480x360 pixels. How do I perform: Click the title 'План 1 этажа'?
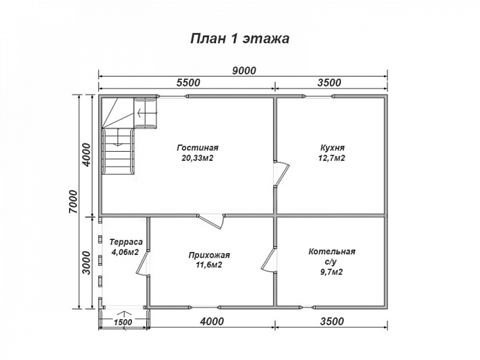(240, 39)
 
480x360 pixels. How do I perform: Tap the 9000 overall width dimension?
(244, 70)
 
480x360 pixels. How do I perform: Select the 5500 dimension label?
(188, 82)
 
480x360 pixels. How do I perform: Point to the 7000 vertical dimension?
(74, 201)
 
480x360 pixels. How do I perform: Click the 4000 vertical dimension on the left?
(87, 155)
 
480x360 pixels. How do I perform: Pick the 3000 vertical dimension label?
(87, 263)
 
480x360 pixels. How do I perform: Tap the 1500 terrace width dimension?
(123, 322)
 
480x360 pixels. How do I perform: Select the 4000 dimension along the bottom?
(212, 321)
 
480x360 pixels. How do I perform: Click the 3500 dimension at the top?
(329, 82)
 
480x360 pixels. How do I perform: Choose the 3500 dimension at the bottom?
(332, 321)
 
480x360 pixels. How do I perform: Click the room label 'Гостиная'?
(198, 148)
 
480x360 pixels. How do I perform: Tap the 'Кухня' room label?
(332, 148)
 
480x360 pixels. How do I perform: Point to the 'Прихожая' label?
(209, 255)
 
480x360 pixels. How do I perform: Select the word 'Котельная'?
(332, 252)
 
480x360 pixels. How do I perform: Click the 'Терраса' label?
(126, 242)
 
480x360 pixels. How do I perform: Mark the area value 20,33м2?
(198, 158)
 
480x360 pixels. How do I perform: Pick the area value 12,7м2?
(332, 158)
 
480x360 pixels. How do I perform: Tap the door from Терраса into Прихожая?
(142, 262)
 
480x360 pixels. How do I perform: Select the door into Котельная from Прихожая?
(269, 259)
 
